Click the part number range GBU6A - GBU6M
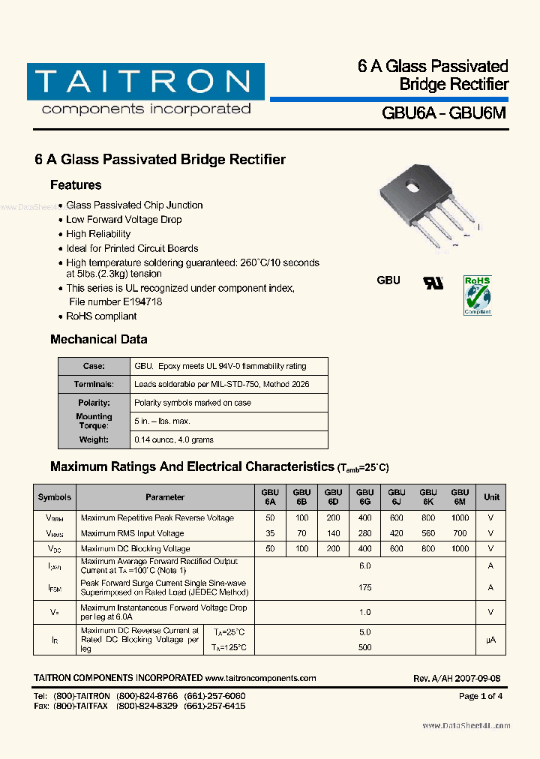coord(444,113)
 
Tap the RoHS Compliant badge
coord(477,295)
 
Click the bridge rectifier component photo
coord(428,207)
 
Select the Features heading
coord(76,185)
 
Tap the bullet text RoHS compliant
coord(101,316)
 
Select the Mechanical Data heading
coord(98,340)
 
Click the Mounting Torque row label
coord(94,421)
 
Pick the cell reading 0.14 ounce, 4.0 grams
coord(173,439)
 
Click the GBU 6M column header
coord(460,496)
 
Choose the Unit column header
coord(491,496)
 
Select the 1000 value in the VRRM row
coord(460,517)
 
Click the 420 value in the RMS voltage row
coord(397,533)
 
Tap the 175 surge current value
coord(365,587)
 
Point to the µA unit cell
coord(491,639)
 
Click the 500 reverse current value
coord(365,647)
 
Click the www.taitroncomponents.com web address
coord(260,678)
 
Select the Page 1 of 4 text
coord(480,696)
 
